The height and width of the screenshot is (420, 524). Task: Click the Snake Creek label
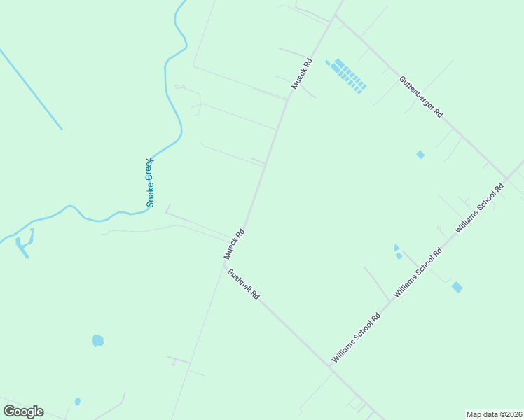pyautogui.click(x=150, y=183)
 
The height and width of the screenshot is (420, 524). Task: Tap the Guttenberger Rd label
pyautogui.click(x=420, y=97)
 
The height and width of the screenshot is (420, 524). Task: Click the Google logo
pyautogui.click(x=23, y=412)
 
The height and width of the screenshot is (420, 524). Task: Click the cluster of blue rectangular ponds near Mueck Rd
pyautogui.click(x=346, y=76)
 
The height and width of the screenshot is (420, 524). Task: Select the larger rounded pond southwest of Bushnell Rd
pyautogui.click(x=98, y=341)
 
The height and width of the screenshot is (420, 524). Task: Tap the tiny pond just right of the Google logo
pyautogui.click(x=77, y=401)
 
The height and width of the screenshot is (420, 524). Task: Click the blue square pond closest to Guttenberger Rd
pyautogui.click(x=420, y=154)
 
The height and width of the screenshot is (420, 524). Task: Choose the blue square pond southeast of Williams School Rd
pyautogui.click(x=457, y=287)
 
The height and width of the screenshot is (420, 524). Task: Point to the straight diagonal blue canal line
pyautogui.click(x=32, y=90)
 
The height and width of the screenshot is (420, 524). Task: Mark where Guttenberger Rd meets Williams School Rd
pyautogui.click(x=506, y=177)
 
